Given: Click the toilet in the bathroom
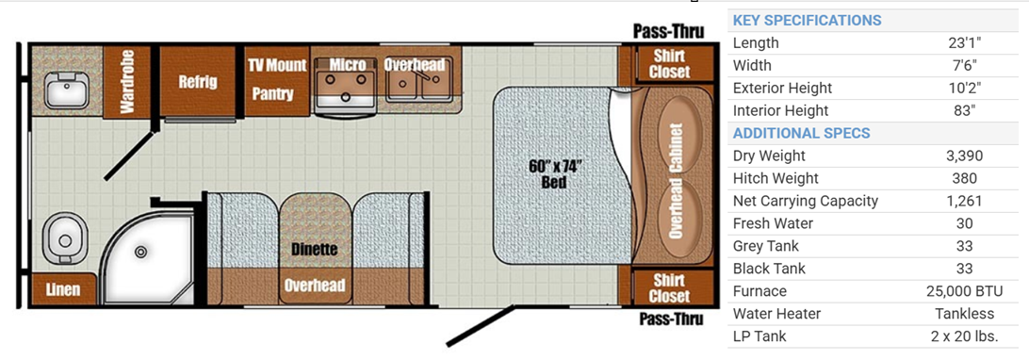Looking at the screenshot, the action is pyautogui.click(x=64, y=240).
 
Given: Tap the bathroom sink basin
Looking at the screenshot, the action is pyautogui.click(x=65, y=90).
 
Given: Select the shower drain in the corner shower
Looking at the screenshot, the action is pyautogui.click(x=140, y=252).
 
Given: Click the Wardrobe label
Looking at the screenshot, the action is pyautogui.click(x=126, y=81).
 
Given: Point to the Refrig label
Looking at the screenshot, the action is pyautogui.click(x=198, y=82).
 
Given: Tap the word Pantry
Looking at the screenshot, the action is pyautogui.click(x=273, y=93).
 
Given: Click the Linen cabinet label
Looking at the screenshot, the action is pyautogui.click(x=64, y=289).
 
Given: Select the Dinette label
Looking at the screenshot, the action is pyautogui.click(x=315, y=250).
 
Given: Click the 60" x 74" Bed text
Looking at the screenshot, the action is pyautogui.click(x=554, y=173).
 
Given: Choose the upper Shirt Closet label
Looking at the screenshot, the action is pyautogui.click(x=669, y=63).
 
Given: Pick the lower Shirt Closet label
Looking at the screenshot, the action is pyautogui.click(x=669, y=287).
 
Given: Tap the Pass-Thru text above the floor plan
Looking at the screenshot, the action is pyautogui.click(x=669, y=31).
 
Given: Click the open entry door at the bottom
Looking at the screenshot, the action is pyautogui.click(x=480, y=326).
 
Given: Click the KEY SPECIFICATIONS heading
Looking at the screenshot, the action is pyautogui.click(x=807, y=20).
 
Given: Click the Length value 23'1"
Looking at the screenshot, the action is pyautogui.click(x=964, y=43).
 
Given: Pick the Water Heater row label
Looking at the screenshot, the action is pyautogui.click(x=776, y=314).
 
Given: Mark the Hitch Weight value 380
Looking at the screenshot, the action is pyautogui.click(x=964, y=178).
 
